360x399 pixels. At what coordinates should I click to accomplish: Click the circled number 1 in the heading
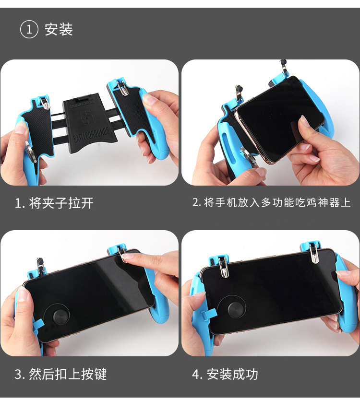(29, 29)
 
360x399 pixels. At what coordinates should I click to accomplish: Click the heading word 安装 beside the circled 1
(59, 29)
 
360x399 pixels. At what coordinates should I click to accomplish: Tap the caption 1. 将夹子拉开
(54, 203)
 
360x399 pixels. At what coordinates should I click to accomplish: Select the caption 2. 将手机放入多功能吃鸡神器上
(272, 202)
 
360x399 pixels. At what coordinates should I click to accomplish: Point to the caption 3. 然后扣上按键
(60, 374)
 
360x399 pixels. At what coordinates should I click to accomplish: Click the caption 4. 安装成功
(225, 374)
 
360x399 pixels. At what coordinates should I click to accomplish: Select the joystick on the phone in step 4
(232, 309)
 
